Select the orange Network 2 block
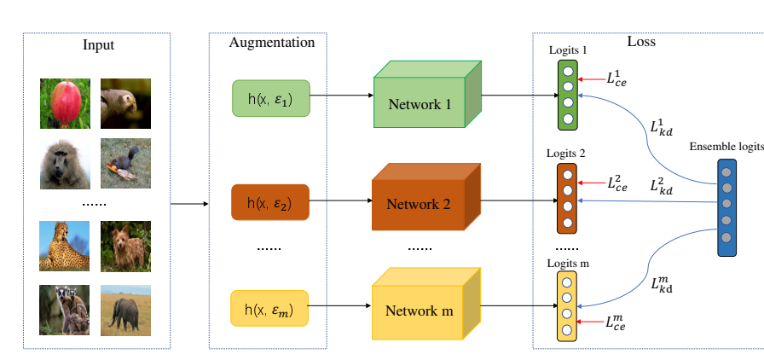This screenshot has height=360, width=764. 420,205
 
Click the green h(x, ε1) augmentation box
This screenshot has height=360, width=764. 270,99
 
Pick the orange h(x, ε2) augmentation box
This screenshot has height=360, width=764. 269,203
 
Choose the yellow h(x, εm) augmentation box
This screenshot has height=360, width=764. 269,308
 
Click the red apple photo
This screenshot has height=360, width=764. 64,102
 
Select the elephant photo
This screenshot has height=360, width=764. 125,309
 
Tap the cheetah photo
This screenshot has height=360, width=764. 64,246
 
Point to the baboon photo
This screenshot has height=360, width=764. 64,164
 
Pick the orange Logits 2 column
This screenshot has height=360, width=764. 567,199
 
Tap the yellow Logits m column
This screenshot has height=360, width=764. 567,306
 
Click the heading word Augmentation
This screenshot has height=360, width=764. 272,42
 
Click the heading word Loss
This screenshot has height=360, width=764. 641,41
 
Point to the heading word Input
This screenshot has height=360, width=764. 98,44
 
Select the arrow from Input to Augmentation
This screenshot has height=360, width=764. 189,205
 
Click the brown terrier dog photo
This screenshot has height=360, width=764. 125,246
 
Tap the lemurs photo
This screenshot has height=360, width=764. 64,309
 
